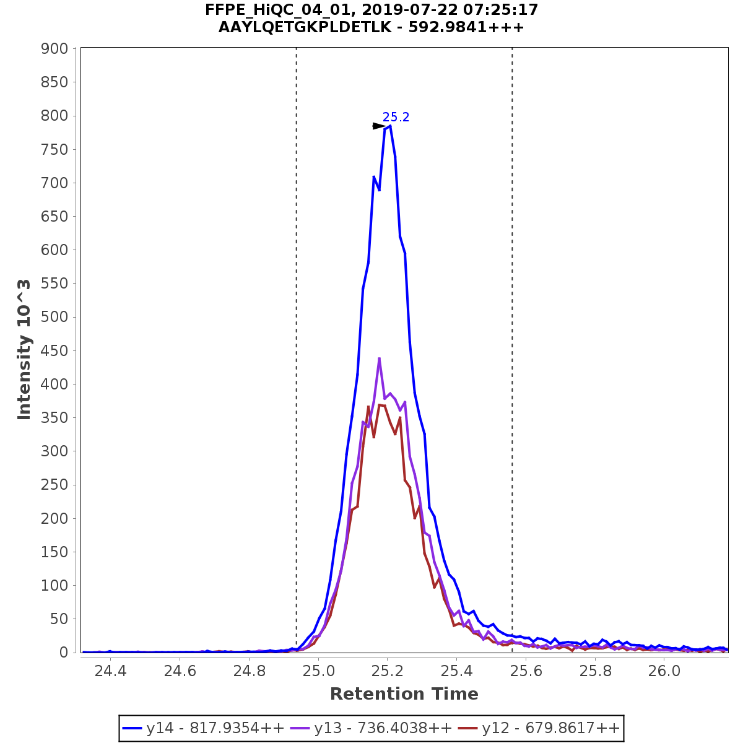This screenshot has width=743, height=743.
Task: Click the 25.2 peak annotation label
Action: click(396, 117)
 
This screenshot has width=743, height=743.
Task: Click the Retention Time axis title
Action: click(404, 694)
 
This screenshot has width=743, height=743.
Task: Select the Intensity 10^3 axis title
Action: click(24, 350)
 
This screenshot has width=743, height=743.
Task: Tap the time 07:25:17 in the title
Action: click(503, 10)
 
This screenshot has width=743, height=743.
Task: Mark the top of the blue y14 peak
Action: click(389, 126)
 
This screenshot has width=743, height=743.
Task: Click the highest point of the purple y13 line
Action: click(379, 358)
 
